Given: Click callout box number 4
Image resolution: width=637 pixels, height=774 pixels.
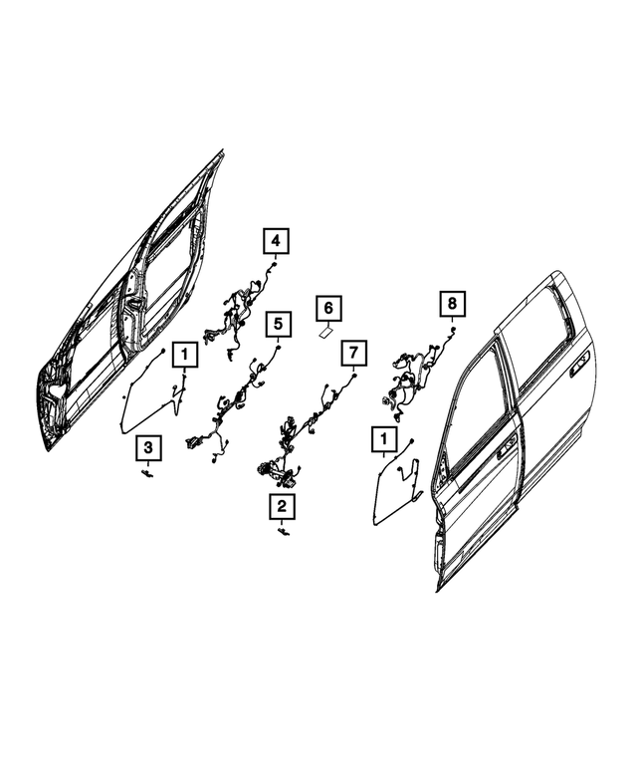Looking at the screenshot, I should coord(275,241).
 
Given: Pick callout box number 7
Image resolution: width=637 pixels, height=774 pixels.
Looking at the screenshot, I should coord(353,353).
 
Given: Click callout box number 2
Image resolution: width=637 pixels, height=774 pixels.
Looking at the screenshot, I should coord(282,508).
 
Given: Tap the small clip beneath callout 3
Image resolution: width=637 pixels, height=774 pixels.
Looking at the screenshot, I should coord(148,475).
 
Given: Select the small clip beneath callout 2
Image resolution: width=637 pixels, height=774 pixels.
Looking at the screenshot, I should coord(284,534).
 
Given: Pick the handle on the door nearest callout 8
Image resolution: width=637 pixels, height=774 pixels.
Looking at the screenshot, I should coord(509,449).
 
